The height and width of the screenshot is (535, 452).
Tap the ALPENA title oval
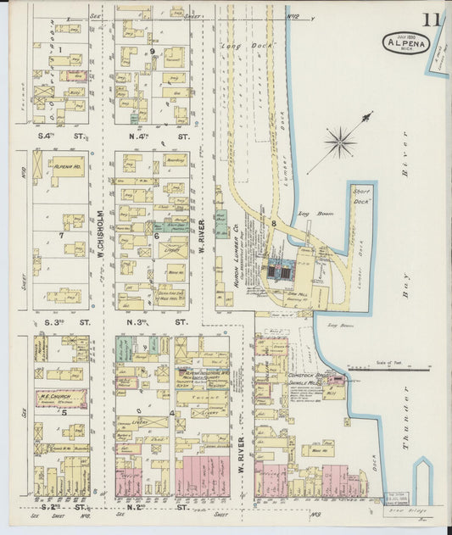tap(405, 42)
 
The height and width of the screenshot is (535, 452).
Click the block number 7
tap(61, 235)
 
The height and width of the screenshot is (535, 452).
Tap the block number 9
tap(153, 52)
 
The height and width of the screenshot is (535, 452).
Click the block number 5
tap(63, 413)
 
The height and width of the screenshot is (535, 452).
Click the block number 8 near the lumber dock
tap(274, 223)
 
